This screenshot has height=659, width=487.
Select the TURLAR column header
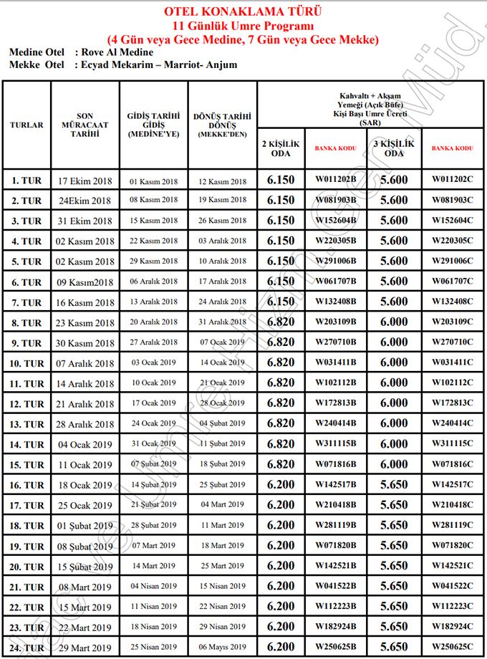[26, 125]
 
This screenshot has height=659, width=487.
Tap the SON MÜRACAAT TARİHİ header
[85, 125]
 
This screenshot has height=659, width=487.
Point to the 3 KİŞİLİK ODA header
[394, 148]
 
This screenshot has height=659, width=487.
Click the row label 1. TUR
[27, 181]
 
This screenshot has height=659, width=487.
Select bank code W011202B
[335, 181]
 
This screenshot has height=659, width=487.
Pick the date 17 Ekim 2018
[85, 181]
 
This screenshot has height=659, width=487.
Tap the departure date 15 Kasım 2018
[154, 221]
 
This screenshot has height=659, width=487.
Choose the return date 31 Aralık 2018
[222, 322]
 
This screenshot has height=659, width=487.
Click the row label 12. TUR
[27, 404]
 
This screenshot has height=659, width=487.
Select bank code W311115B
[335, 445]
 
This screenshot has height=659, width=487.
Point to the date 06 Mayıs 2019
[222, 648]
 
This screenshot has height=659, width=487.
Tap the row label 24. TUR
[27, 648]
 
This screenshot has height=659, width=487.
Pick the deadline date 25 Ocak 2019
[85, 506]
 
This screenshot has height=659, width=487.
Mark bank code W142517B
[335, 485]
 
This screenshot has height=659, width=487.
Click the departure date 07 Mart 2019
[154, 546]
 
